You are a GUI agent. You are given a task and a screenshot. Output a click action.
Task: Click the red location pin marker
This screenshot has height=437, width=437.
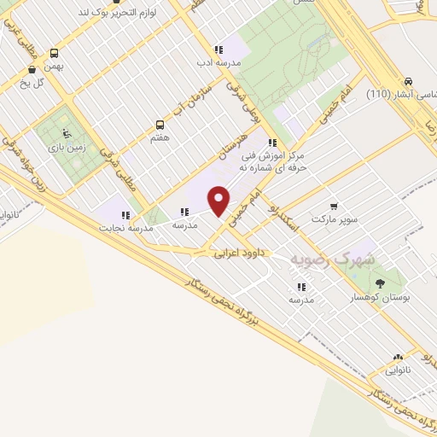click(x=219, y=200)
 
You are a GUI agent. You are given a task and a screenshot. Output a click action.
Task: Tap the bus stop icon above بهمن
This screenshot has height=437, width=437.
click(x=55, y=52)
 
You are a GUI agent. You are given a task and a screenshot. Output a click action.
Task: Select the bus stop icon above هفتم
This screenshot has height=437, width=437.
click(x=160, y=124)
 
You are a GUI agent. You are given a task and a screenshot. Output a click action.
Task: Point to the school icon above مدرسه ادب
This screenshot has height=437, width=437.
click(x=219, y=50)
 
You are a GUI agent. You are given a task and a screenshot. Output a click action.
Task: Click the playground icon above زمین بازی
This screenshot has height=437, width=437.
click(x=67, y=133)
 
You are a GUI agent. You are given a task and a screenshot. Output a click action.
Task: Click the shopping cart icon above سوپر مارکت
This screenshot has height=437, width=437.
click(x=333, y=206)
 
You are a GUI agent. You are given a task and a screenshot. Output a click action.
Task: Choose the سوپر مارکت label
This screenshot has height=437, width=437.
click(x=333, y=218)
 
